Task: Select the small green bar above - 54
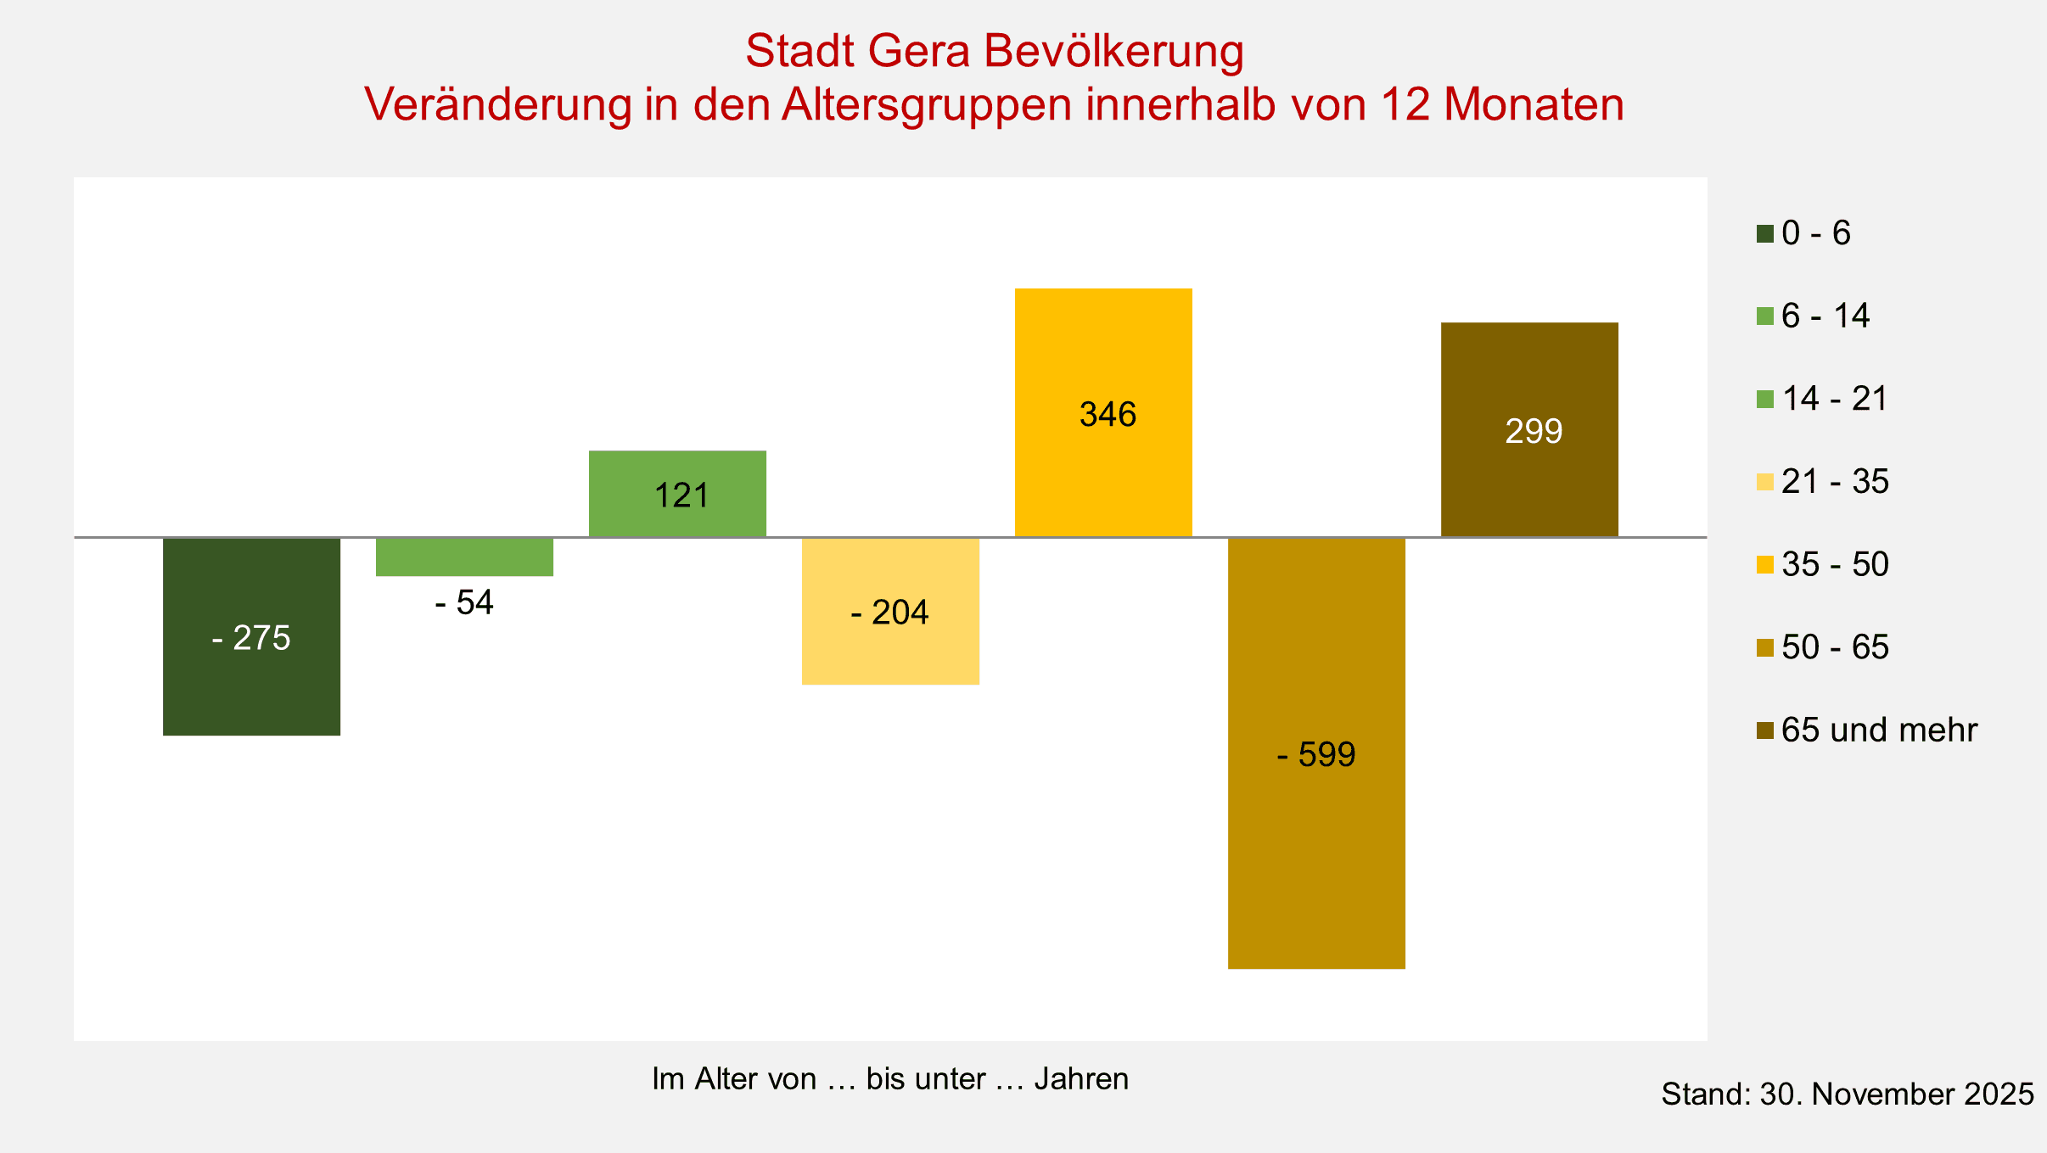464,557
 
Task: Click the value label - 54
464,602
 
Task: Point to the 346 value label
1108,415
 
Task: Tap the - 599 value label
1316,754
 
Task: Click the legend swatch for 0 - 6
1765,233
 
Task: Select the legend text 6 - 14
1825,316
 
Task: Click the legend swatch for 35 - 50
1765,564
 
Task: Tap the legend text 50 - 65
1835,646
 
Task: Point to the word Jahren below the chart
1081,1079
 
